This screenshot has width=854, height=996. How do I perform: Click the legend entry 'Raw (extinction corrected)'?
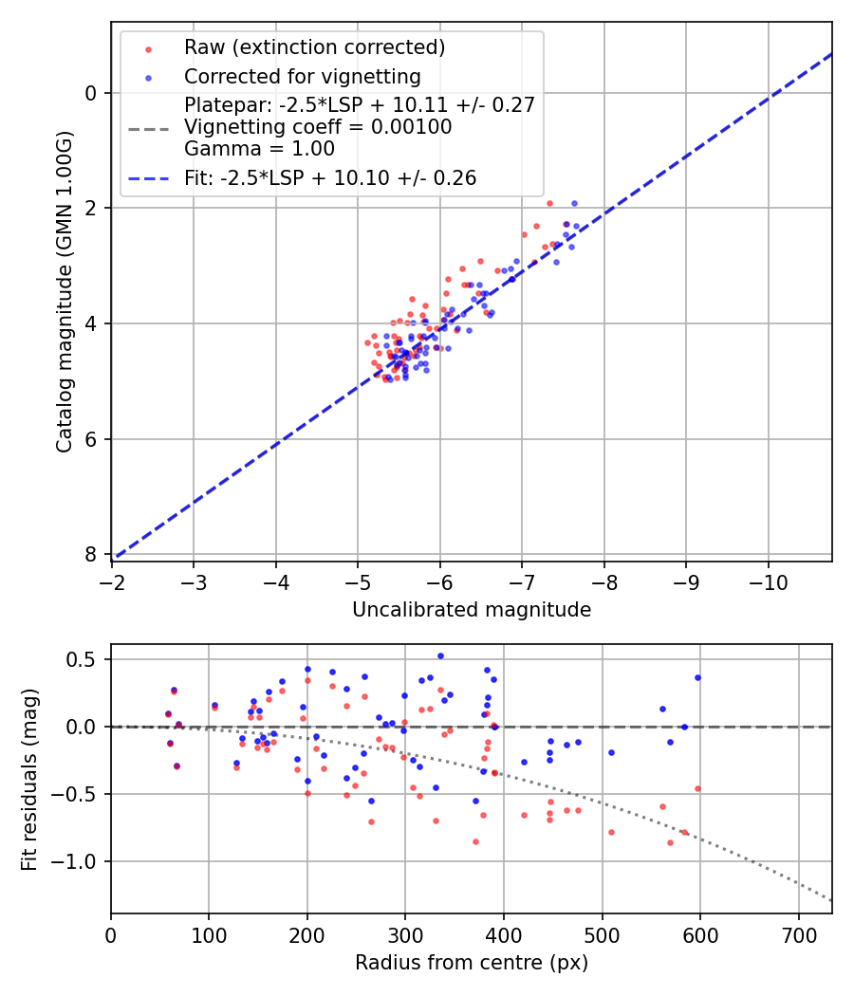314,47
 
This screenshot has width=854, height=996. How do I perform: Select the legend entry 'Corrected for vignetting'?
302,76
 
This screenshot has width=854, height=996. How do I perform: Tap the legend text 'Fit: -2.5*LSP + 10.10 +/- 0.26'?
330,177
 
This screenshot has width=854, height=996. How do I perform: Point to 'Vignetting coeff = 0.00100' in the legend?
318,127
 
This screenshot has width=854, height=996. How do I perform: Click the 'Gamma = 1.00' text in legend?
259,149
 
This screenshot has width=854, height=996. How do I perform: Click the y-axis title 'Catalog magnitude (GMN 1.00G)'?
64,293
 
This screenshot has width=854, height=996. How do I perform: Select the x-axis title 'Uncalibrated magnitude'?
472,610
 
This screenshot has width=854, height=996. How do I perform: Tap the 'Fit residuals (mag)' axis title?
29,779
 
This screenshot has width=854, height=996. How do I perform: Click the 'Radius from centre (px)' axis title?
472,963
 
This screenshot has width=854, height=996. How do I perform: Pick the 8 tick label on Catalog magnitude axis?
91,554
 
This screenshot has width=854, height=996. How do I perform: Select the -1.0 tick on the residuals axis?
80,861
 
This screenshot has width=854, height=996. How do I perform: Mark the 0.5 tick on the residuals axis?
86,659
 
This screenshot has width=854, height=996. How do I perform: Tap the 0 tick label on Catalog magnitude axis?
91,93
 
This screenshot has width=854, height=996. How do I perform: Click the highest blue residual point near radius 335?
440,655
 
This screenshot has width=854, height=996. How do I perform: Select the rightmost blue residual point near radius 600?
697,677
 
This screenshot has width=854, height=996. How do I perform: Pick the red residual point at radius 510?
611,832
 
